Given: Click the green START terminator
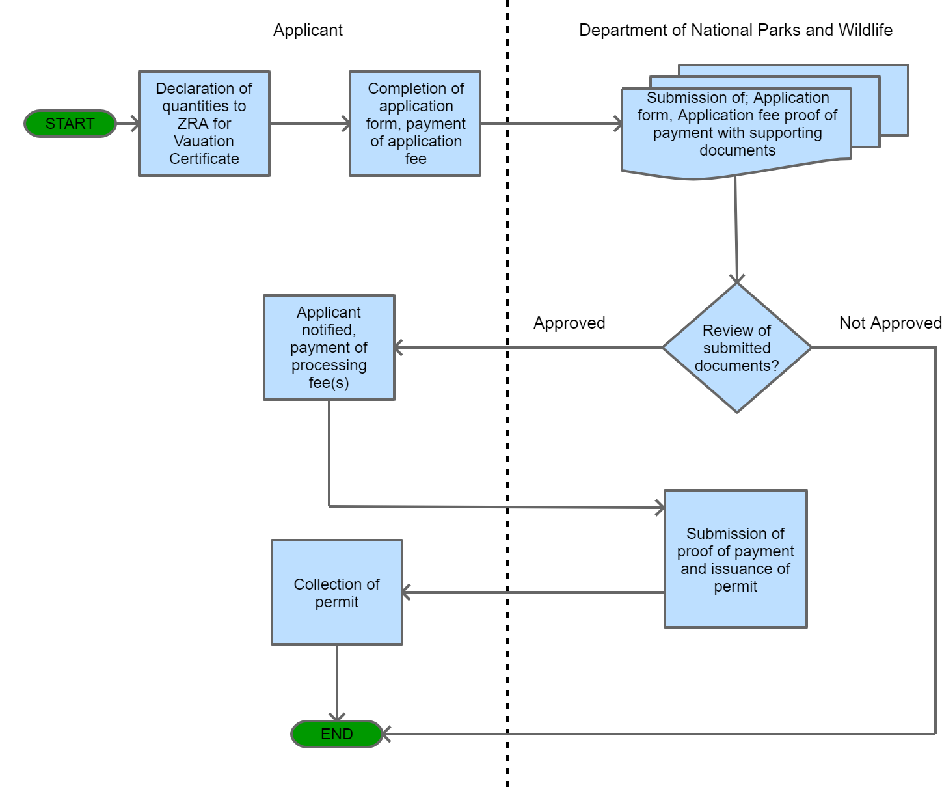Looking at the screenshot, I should coord(70,124).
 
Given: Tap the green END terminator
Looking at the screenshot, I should coord(336,734).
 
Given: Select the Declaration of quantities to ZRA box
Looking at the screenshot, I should coord(204,124).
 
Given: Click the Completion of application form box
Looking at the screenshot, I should coord(415,124).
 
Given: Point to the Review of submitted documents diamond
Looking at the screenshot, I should coord(736,348).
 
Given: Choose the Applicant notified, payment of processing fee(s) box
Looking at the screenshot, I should coord(329,348).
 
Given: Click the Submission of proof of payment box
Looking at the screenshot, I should coord(735,560).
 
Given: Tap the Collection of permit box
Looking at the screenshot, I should coord(336,592).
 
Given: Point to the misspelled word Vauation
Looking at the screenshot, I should coord(204,141).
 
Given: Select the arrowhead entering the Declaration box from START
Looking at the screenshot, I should coord(135,124).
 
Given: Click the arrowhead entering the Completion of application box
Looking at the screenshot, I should coord(345,124).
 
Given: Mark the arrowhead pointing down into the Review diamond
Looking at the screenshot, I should coord(736,277).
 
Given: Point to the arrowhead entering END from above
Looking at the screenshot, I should coord(336,716).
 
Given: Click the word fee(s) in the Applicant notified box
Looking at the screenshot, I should coord(329,383).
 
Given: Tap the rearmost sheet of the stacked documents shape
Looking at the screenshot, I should coord(895,98).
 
